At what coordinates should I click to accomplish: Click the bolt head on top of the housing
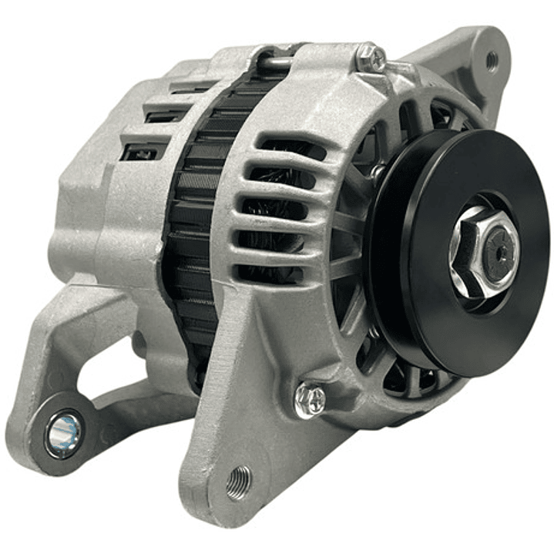tap(371, 55)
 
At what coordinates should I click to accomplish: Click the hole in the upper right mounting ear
tap(491, 59)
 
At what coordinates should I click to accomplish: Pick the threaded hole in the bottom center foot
tap(238, 482)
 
